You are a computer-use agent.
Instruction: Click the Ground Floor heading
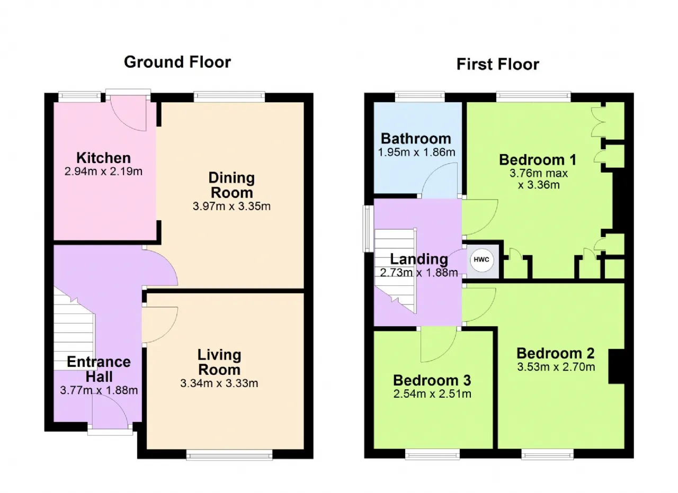pyautogui.click(x=177, y=62)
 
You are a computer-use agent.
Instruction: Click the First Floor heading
pyautogui.click(x=497, y=65)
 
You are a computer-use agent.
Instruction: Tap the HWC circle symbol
pyautogui.click(x=481, y=259)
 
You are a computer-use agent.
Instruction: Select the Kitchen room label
pyautogui.click(x=103, y=158)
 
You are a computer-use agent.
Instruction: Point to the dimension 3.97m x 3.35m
pyautogui.click(x=231, y=207)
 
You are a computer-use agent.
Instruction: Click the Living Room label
pyautogui.click(x=219, y=362)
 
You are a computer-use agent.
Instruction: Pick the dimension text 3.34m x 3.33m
pyautogui.click(x=219, y=383)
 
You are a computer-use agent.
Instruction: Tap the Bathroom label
pyautogui.click(x=416, y=139)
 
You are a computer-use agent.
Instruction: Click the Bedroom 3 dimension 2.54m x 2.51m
pyautogui.click(x=432, y=394)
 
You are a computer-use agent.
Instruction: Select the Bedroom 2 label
pyautogui.click(x=556, y=353)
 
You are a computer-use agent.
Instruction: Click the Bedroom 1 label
pyautogui.click(x=538, y=160)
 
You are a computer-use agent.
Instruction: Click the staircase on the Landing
pyautogui.click(x=396, y=271)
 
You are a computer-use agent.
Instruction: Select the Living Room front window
pyautogui.click(x=229, y=455)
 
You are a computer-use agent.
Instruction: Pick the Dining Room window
pyautogui.click(x=229, y=96)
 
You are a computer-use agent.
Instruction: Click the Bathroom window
pyautogui.click(x=420, y=96)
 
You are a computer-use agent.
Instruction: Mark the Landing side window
pyautogui.click(x=368, y=229)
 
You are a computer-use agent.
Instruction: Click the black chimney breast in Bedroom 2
pyautogui.click(x=617, y=366)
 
